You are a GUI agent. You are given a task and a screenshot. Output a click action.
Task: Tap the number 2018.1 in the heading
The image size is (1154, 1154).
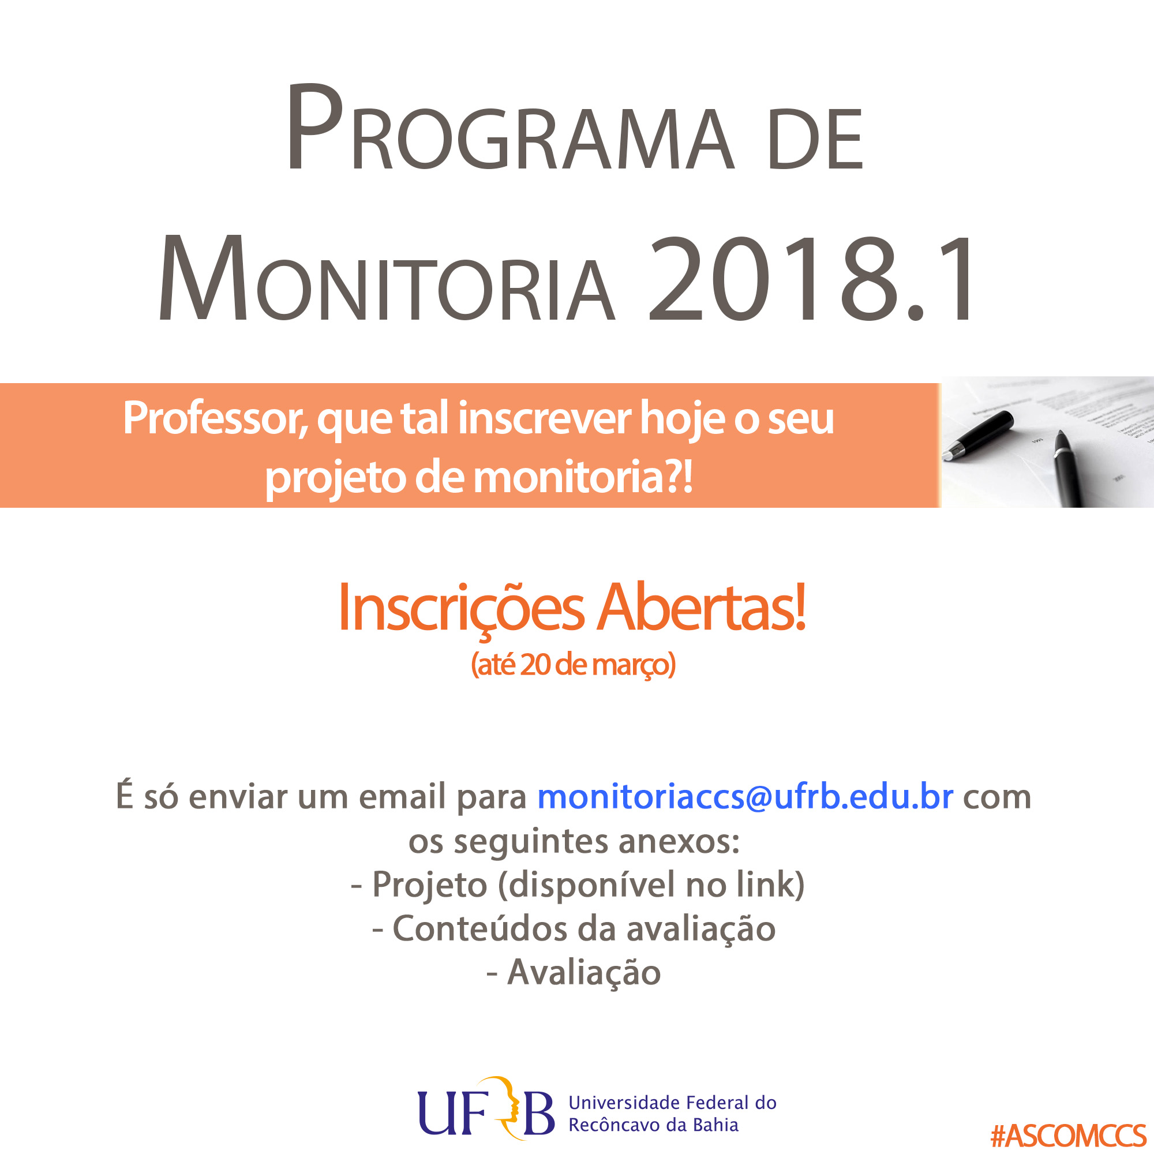click(x=811, y=279)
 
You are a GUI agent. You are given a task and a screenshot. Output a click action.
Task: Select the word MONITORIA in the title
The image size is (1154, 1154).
click(x=387, y=279)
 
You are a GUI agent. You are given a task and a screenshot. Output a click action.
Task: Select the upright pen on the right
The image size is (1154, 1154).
click(x=1069, y=469)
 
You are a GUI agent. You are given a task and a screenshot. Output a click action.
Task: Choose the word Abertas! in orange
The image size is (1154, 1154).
click(x=702, y=607)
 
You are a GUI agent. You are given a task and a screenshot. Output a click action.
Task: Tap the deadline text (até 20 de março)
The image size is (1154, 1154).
click(x=574, y=665)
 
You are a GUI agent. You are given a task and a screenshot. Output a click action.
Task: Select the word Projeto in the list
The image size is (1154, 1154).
click(x=429, y=885)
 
